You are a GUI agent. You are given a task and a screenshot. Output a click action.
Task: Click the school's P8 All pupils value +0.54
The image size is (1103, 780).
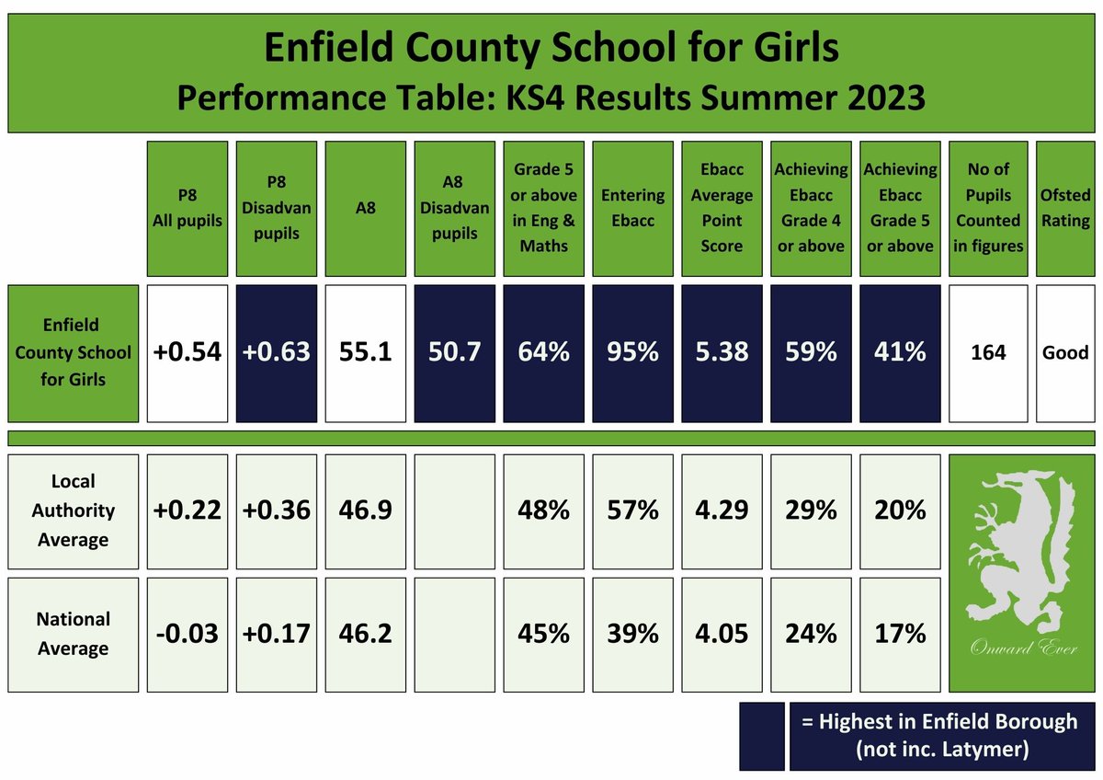coord(187,352)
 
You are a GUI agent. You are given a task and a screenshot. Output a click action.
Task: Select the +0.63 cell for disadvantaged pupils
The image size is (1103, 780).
coord(277,352)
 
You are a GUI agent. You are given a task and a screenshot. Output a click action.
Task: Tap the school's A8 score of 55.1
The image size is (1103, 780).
coord(366,352)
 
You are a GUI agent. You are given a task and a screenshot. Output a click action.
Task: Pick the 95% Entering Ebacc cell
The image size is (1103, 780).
coord(632,352)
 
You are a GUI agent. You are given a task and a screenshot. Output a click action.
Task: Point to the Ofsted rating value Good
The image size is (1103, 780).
coord(1066,352)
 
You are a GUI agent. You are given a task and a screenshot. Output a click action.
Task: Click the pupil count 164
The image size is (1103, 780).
coord(988,352)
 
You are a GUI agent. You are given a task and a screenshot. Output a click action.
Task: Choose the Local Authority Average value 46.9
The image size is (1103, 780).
coord(366,510)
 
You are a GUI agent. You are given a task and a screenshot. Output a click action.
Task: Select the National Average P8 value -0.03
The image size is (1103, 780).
coord(187,634)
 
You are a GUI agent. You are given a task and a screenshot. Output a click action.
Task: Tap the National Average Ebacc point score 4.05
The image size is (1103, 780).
coord(722,634)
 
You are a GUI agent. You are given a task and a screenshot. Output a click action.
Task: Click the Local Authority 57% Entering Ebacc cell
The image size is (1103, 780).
coord(632,510)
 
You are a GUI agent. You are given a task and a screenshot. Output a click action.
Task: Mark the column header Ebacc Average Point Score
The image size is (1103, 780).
coord(722,208)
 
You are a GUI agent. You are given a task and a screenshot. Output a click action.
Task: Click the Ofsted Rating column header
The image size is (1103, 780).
coord(1066,208)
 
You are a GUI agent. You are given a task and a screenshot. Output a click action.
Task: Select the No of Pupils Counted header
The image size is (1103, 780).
coord(988,208)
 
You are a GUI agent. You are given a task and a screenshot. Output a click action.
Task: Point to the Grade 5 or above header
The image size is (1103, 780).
coord(543,208)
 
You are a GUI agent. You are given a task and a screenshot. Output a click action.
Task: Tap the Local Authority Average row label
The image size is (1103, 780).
coord(74,510)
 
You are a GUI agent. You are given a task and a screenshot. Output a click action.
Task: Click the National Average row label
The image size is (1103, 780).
coord(74,634)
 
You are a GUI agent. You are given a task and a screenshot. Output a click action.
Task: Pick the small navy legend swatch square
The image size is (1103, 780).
coord(762,736)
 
